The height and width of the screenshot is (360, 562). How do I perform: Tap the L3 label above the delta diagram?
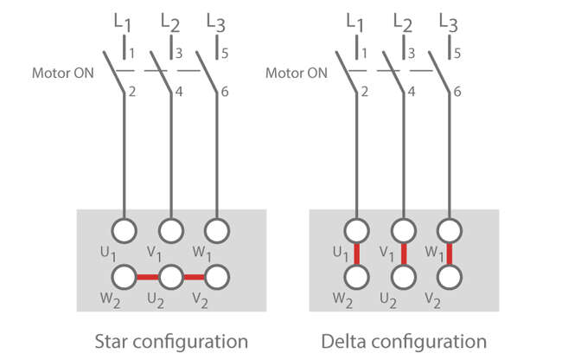click(448, 21)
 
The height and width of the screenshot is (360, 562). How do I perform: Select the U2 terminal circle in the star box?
click(171, 277)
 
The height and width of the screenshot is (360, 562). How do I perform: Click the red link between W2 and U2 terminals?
click(148, 277)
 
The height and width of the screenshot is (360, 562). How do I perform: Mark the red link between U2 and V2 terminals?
click(195, 277)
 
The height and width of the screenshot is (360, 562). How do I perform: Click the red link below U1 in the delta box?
click(356, 254)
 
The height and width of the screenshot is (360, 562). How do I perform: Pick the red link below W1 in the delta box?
click(450, 254)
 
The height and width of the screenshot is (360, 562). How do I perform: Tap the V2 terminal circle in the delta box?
click(450, 277)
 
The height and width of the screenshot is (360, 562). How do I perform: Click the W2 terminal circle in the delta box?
click(356, 277)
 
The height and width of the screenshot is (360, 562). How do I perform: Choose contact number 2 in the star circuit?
click(131, 91)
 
